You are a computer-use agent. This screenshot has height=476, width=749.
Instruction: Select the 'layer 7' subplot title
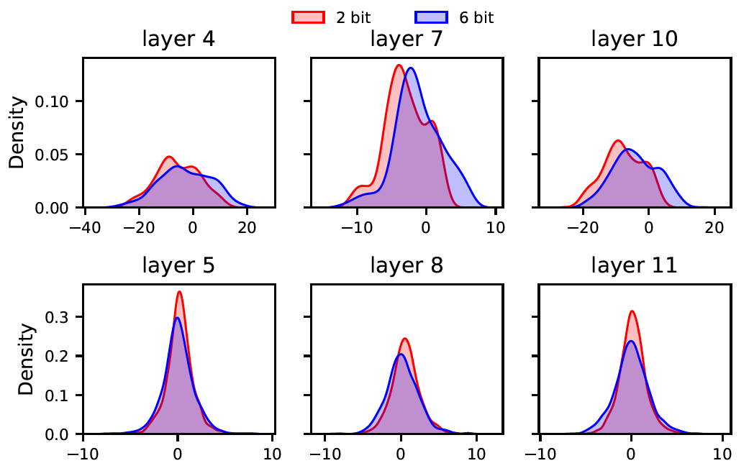[407, 39]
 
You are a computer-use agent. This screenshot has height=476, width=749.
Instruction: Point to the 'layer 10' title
[634, 39]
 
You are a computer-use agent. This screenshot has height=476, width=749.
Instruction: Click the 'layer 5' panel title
[178, 266]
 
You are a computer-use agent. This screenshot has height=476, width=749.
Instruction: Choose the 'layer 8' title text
[407, 266]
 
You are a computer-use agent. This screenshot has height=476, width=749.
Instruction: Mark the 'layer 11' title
[634, 266]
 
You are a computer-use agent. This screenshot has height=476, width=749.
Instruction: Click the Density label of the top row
[18, 133]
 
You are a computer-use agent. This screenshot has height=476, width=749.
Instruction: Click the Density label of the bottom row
[27, 360]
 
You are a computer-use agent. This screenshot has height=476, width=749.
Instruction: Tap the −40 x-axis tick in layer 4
[85, 224]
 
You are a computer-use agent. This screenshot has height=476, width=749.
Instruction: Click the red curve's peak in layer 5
[178, 291]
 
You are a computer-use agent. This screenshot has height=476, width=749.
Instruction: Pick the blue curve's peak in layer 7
[411, 68]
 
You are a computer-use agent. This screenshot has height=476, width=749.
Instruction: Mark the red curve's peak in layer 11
[632, 311]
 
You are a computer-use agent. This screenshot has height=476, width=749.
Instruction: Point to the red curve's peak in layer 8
[405, 339]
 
